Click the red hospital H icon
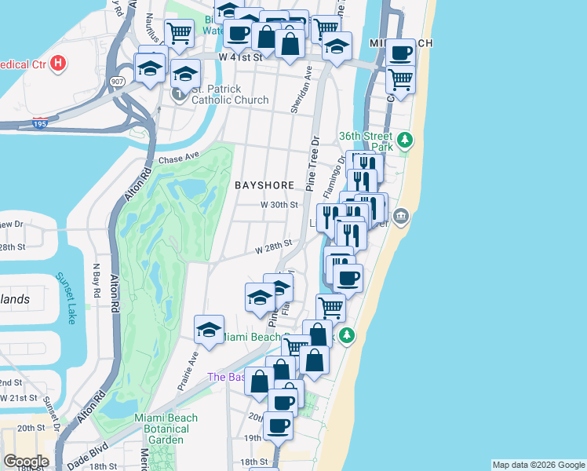click(x=57, y=64)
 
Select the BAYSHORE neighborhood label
click(x=264, y=185)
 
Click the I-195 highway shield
click(x=41, y=123)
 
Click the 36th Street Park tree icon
click(x=404, y=141)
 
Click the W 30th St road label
click(x=280, y=205)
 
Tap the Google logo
click(x=25, y=461)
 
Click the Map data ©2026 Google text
click(x=538, y=465)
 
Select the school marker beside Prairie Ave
click(x=209, y=330)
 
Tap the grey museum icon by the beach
click(x=401, y=215)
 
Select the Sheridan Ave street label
click(x=297, y=89)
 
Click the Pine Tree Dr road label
click(x=314, y=166)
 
